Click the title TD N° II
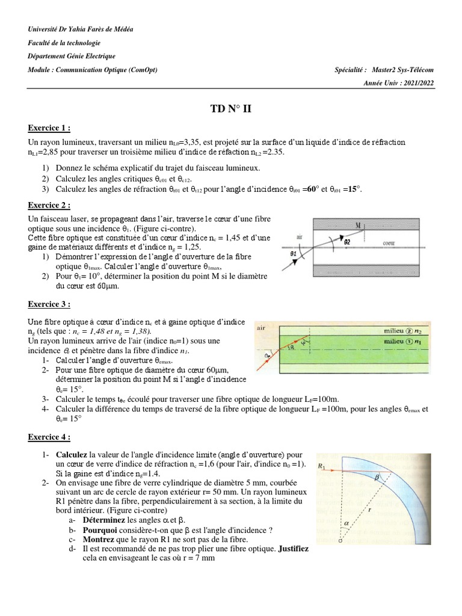click(x=231, y=108)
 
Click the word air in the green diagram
click(x=262, y=329)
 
